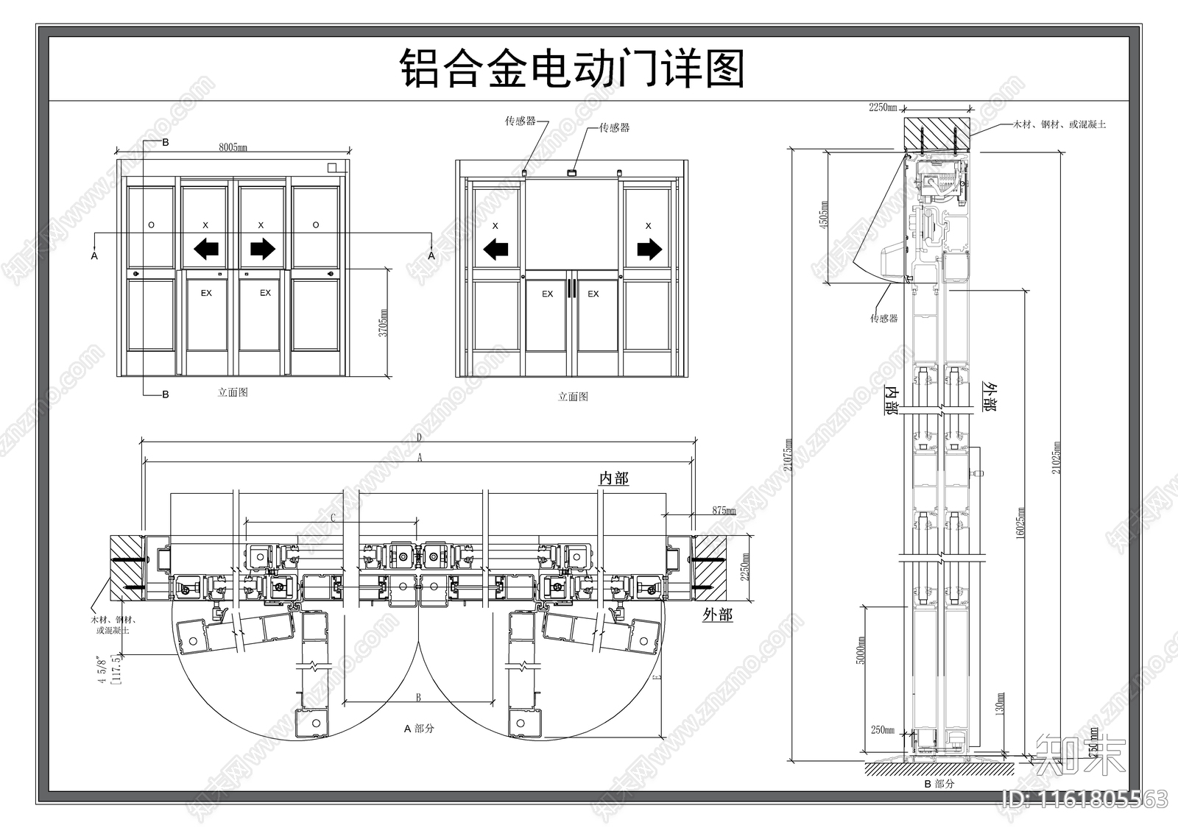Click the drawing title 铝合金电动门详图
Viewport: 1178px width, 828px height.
click(x=572, y=69)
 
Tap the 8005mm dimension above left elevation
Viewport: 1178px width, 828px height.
click(x=233, y=148)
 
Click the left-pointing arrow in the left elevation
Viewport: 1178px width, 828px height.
click(x=208, y=250)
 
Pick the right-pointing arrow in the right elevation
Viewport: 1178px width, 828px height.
click(x=649, y=250)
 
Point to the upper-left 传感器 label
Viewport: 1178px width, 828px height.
click(x=520, y=121)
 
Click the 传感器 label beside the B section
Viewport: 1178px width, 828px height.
click(x=883, y=319)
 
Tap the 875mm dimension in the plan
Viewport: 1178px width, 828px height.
click(x=724, y=510)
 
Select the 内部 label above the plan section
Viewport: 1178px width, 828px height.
click(x=614, y=478)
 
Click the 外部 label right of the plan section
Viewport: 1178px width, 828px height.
click(x=717, y=615)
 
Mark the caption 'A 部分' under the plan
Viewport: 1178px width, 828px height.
click(x=419, y=729)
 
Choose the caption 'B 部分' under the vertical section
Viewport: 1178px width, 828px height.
click(x=939, y=784)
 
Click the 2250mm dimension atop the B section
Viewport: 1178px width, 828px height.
click(x=882, y=107)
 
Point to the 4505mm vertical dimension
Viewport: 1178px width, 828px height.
click(x=824, y=214)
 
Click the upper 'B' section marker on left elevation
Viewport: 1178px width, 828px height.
click(x=166, y=141)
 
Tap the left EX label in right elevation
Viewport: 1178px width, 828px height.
click(x=547, y=294)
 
